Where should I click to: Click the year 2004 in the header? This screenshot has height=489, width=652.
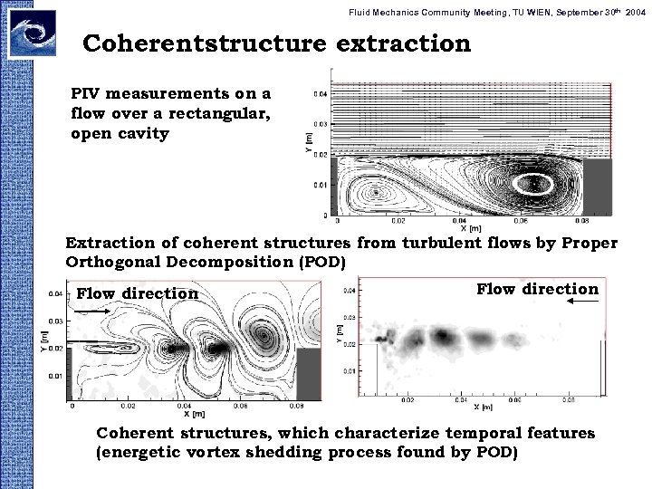(635, 9)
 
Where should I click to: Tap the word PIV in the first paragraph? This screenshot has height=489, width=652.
(88, 93)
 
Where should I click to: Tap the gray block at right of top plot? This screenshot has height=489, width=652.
(598, 187)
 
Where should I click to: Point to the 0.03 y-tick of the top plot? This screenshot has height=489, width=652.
(321, 124)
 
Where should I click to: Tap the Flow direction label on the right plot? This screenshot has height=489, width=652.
(536, 289)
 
